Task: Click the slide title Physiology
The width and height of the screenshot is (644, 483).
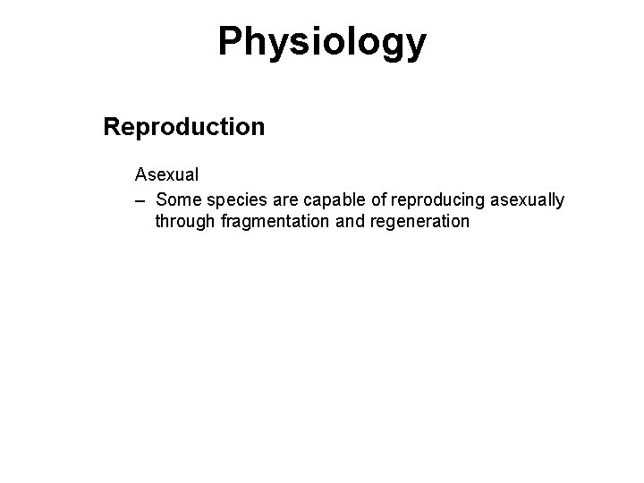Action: pos(322,42)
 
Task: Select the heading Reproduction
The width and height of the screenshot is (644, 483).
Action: pos(184,127)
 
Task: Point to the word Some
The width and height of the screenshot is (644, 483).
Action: pos(176,199)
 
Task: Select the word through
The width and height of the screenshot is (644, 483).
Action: pos(182,221)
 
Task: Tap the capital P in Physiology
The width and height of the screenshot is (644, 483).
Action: pos(231,42)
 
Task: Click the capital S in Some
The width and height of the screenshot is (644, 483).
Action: pos(161,199)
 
